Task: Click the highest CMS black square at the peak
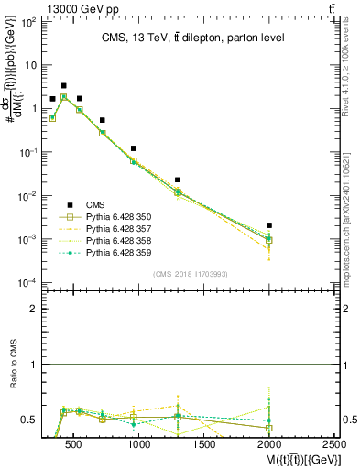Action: tap(63, 85)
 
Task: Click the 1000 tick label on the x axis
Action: tap(139, 444)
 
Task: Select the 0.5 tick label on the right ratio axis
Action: tap(347, 420)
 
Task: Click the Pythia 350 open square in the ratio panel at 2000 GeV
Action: tap(268, 428)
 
